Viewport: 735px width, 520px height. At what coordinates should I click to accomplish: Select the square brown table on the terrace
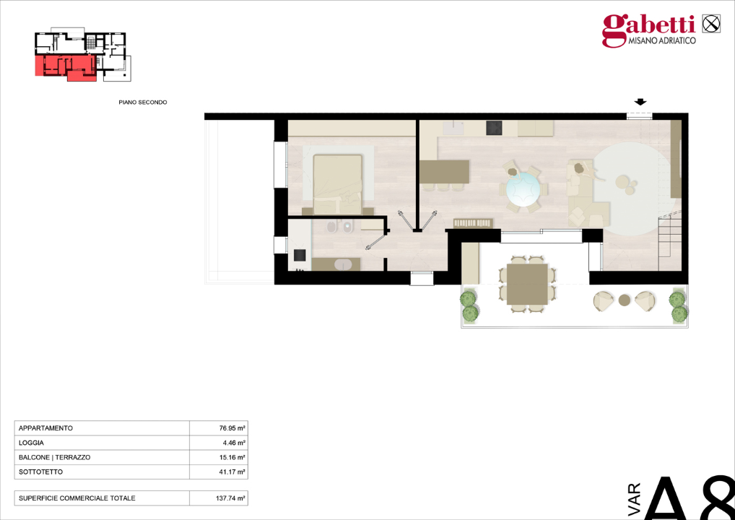click(527, 284)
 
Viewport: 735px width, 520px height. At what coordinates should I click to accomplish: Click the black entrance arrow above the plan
click(640, 103)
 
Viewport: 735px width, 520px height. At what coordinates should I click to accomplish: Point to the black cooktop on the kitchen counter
click(494, 128)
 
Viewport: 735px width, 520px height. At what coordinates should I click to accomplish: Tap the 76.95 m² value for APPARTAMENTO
click(232, 428)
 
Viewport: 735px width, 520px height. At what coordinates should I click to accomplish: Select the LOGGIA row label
click(31, 443)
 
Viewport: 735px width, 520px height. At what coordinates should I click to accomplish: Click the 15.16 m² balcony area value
click(232, 457)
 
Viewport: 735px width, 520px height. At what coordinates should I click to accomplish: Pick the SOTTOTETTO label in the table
click(40, 472)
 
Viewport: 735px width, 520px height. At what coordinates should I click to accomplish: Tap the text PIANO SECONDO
click(143, 103)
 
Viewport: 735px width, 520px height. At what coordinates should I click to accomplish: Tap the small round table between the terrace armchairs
click(624, 299)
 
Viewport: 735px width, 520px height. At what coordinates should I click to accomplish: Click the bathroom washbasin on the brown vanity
click(342, 264)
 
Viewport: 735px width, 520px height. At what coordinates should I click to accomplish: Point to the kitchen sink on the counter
click(454, 129)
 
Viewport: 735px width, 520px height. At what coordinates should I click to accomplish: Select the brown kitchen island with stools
click(444, 172)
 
